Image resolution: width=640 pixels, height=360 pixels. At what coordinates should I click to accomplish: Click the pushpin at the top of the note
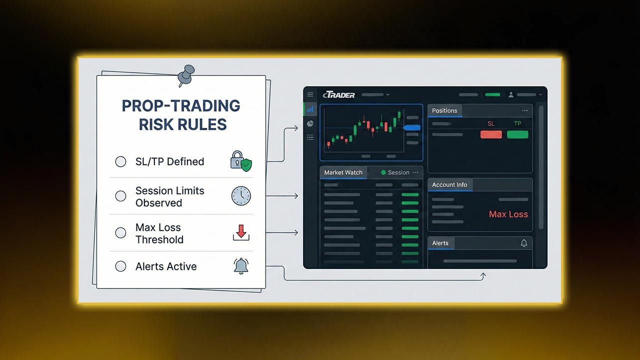tap(186, 74)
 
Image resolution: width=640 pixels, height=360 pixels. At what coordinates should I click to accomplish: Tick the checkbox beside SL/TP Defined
tap(120, 161)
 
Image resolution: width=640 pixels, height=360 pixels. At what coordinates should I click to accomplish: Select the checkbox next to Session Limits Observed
tap(120, 196)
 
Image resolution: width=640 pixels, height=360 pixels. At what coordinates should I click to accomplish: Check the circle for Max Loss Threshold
tap(120, 232)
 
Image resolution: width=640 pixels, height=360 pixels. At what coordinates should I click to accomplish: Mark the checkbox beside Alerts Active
tap(120, 266)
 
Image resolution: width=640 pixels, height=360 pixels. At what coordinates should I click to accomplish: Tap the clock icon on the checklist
tap(241, 196)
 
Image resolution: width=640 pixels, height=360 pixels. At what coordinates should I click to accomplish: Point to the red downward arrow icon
tap(241, 232)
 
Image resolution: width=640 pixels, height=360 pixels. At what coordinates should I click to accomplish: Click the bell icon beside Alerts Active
tap(241, 266)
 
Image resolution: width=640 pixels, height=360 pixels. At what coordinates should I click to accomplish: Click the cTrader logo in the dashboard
tap(339, 94)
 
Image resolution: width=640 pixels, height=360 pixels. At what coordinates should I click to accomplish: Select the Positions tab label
tap(444, 110)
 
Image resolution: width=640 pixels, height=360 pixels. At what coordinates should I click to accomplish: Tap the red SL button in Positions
tap(491, 134)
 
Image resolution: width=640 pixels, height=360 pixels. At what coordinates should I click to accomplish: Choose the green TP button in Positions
tap(517, 134)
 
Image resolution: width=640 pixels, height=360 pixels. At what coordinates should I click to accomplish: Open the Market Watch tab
tap(343, 172)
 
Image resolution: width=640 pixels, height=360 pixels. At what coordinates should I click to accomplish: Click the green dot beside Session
tap(383, 172)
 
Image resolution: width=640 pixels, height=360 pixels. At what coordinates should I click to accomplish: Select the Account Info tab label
tap(449, 184)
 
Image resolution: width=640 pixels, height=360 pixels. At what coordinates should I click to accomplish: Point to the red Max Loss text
tap(508, 214)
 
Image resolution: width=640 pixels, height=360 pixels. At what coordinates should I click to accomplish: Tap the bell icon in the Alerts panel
tap(523, 243)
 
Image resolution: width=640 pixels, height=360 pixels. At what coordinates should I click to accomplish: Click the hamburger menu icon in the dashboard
tap(310, 94)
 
